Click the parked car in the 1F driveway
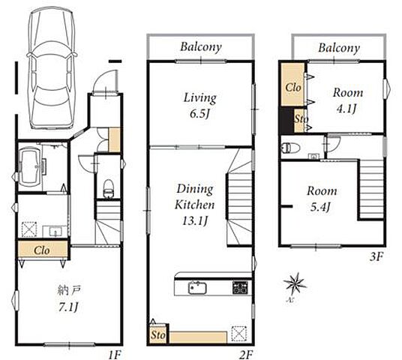pos(52,67)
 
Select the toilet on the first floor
pos(109,189)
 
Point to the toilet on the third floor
pos(291,148)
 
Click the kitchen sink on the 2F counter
pos(197,287)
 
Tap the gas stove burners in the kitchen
pos(240,287)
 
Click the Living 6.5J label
pos(200,106)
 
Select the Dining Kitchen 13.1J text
pos(195,205)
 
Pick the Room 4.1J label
pos(348,100)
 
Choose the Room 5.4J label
pos(322,199)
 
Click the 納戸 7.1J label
pos(69,299)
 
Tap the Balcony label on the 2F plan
pos(201,47)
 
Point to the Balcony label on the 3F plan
pos(339,48)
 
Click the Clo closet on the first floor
pos(43,249)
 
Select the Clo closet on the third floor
pos(292,85)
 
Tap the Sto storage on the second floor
pos(157,334)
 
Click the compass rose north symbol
pos(295,283)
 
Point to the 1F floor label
pos(114,355)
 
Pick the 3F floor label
pos(376,256)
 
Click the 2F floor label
pos(246,355)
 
